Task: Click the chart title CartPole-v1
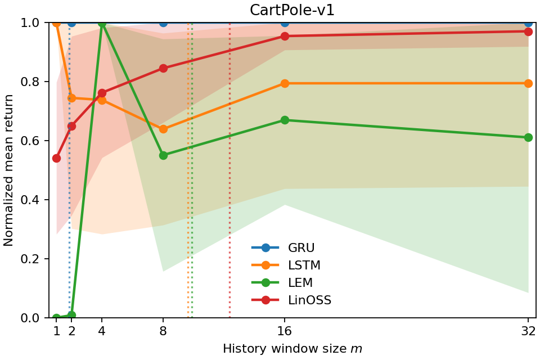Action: pos(292,11)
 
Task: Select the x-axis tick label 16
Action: pos(285,331)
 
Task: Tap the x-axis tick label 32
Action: pos(528,331)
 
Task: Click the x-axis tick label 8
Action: pos(163,331)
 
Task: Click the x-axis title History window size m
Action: pos(292,349)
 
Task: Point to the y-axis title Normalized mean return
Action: pos(9,170)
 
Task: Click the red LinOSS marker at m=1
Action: pos(56,158)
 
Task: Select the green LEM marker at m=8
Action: pos(163,155)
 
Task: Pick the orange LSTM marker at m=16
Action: pos(285,83)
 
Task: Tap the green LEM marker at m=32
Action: pos(528,137)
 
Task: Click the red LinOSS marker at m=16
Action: pos(285,36)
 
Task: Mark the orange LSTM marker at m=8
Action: pos(163,129)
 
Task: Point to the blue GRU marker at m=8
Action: pos(163,22)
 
